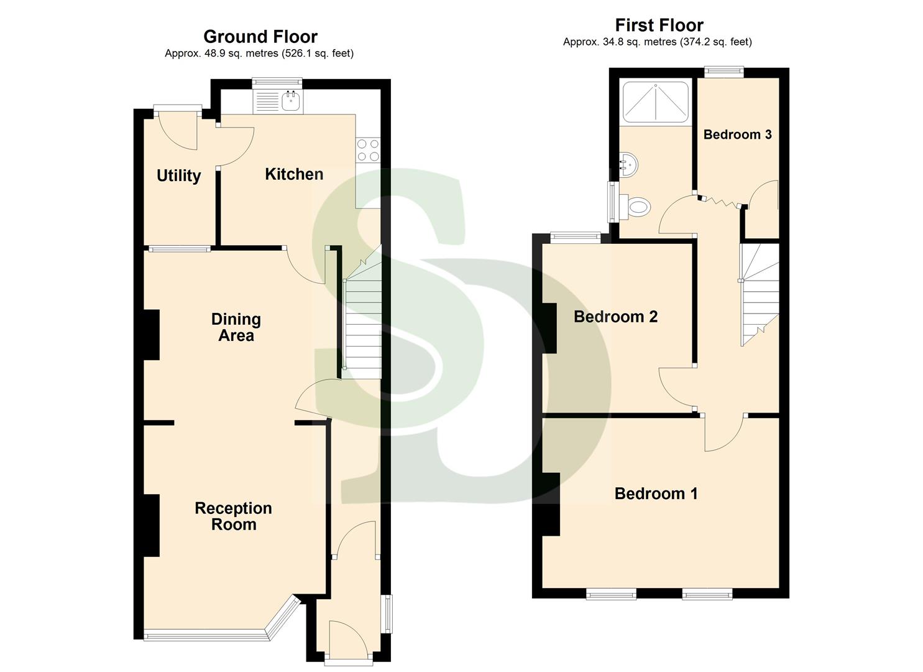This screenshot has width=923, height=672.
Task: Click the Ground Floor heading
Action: point(260,37)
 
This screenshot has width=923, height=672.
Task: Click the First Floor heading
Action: point(659,26)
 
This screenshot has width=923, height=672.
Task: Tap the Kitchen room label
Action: point(294,174)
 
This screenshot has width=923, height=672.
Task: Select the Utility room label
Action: point(178,176)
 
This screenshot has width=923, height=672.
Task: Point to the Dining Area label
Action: point(236,327)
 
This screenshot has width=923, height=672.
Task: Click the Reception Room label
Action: point(233,516)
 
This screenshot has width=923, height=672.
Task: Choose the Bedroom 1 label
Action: point(656,494)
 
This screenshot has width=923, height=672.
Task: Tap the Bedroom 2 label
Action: point(615,317)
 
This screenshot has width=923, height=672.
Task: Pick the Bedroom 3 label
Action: point(737,134)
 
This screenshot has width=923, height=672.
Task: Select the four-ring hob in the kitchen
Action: point(367,151)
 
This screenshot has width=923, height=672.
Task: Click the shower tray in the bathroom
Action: point(656,101)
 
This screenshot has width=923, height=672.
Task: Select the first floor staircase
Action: point(760,292)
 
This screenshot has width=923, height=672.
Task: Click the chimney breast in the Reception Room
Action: point(152,525)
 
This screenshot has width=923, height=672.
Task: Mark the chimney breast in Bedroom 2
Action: point(549,328)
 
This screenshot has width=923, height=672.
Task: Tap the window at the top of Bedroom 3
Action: point(724,72)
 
